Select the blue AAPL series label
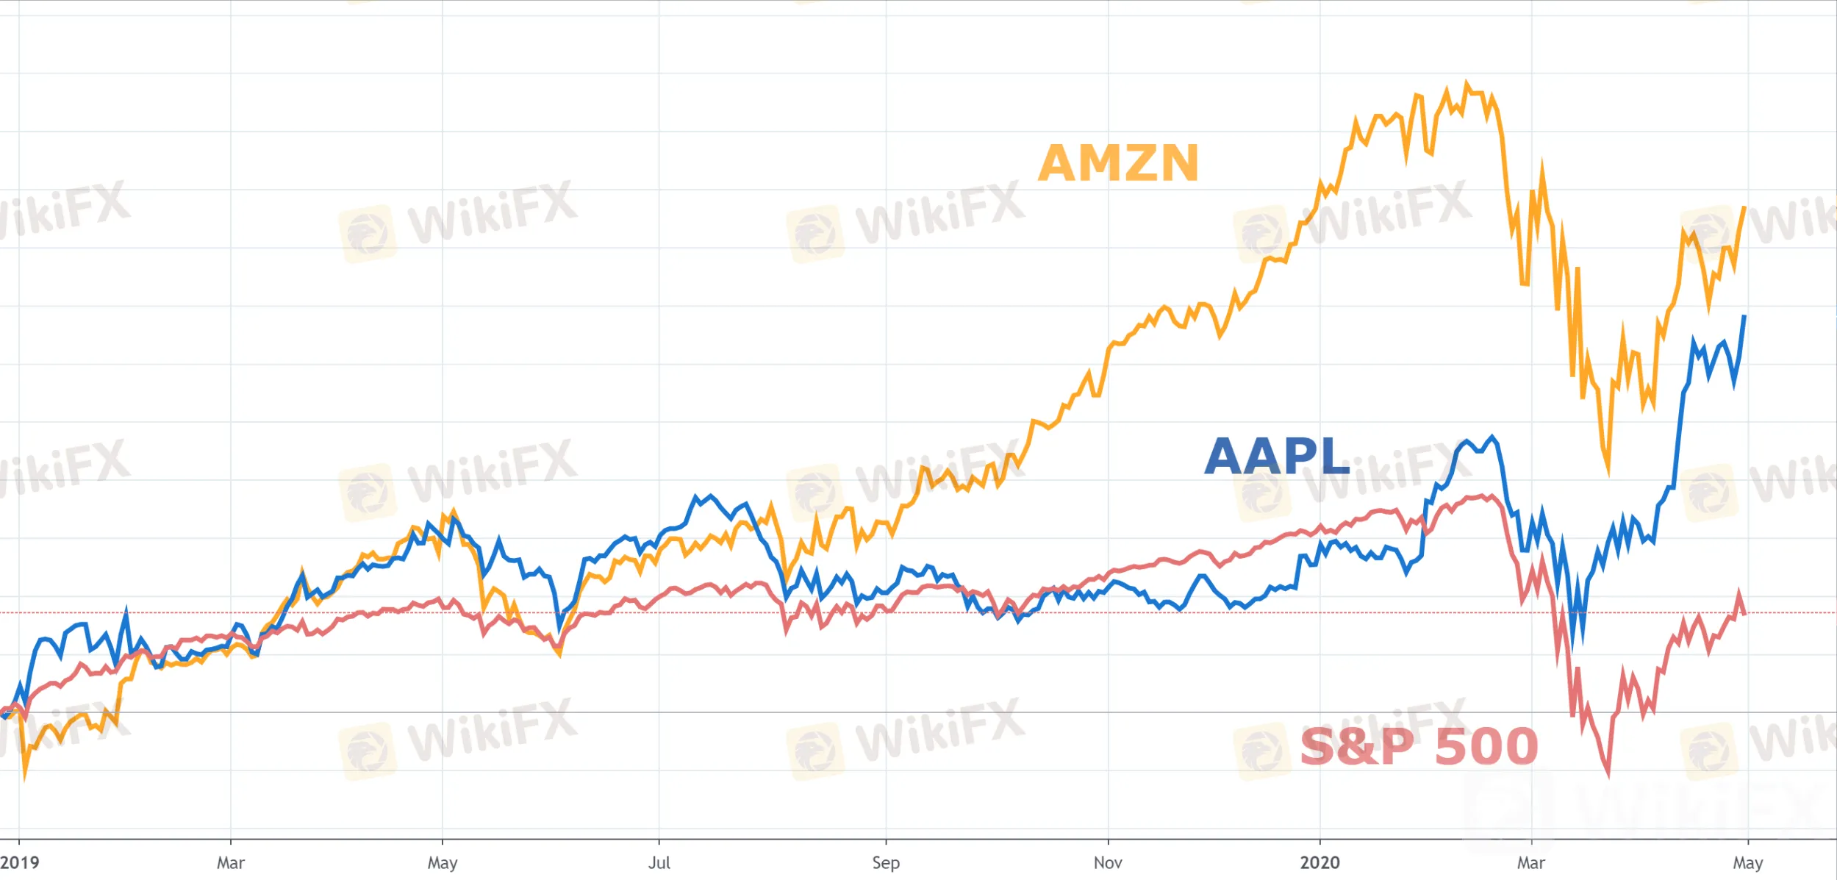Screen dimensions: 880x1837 [1277, 457]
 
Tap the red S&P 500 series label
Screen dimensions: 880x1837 [1419, 746]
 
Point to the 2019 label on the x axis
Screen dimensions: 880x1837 [20, 862]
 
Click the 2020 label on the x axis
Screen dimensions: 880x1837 [1319, 862]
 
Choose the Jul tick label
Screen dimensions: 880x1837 [659, 862]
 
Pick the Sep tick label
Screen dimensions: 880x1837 [886, 862]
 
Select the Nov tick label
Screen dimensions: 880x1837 [1108, 862]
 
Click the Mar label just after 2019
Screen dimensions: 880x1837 [230, 862]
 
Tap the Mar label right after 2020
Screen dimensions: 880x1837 [1531, 862]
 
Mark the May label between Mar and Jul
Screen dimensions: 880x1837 [443, 862]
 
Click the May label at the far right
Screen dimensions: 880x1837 [1747, 862]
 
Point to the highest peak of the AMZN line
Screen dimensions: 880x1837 [1467, 84]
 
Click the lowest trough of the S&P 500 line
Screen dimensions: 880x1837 [1608, 773]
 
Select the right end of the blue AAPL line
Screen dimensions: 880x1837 [1744, 316]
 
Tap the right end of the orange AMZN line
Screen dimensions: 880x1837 [1744, 208]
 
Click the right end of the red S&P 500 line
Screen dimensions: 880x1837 [1744, 614]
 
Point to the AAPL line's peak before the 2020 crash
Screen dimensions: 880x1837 [1492, 438]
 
